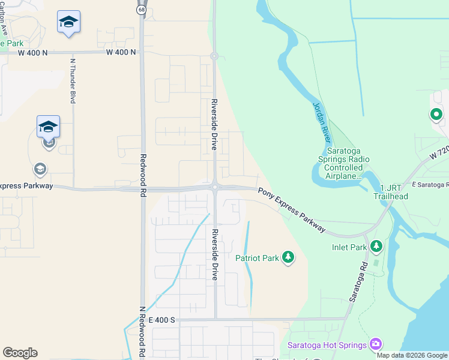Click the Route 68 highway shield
(141, 10)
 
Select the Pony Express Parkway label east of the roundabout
(292, 210)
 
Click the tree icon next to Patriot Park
(289, 257)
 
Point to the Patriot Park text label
(258, 258)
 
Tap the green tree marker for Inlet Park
(376, 245)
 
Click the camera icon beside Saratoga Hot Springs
(376, 344)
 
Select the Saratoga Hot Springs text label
(327, 345)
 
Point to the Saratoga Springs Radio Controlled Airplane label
(343, 167)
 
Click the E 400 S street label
(161, 320)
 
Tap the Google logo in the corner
(20, 353)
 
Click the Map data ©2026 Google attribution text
(412, 355)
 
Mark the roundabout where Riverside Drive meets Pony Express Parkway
(214, 188)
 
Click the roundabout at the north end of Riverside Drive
(214, 56)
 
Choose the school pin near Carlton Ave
(69, 23)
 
